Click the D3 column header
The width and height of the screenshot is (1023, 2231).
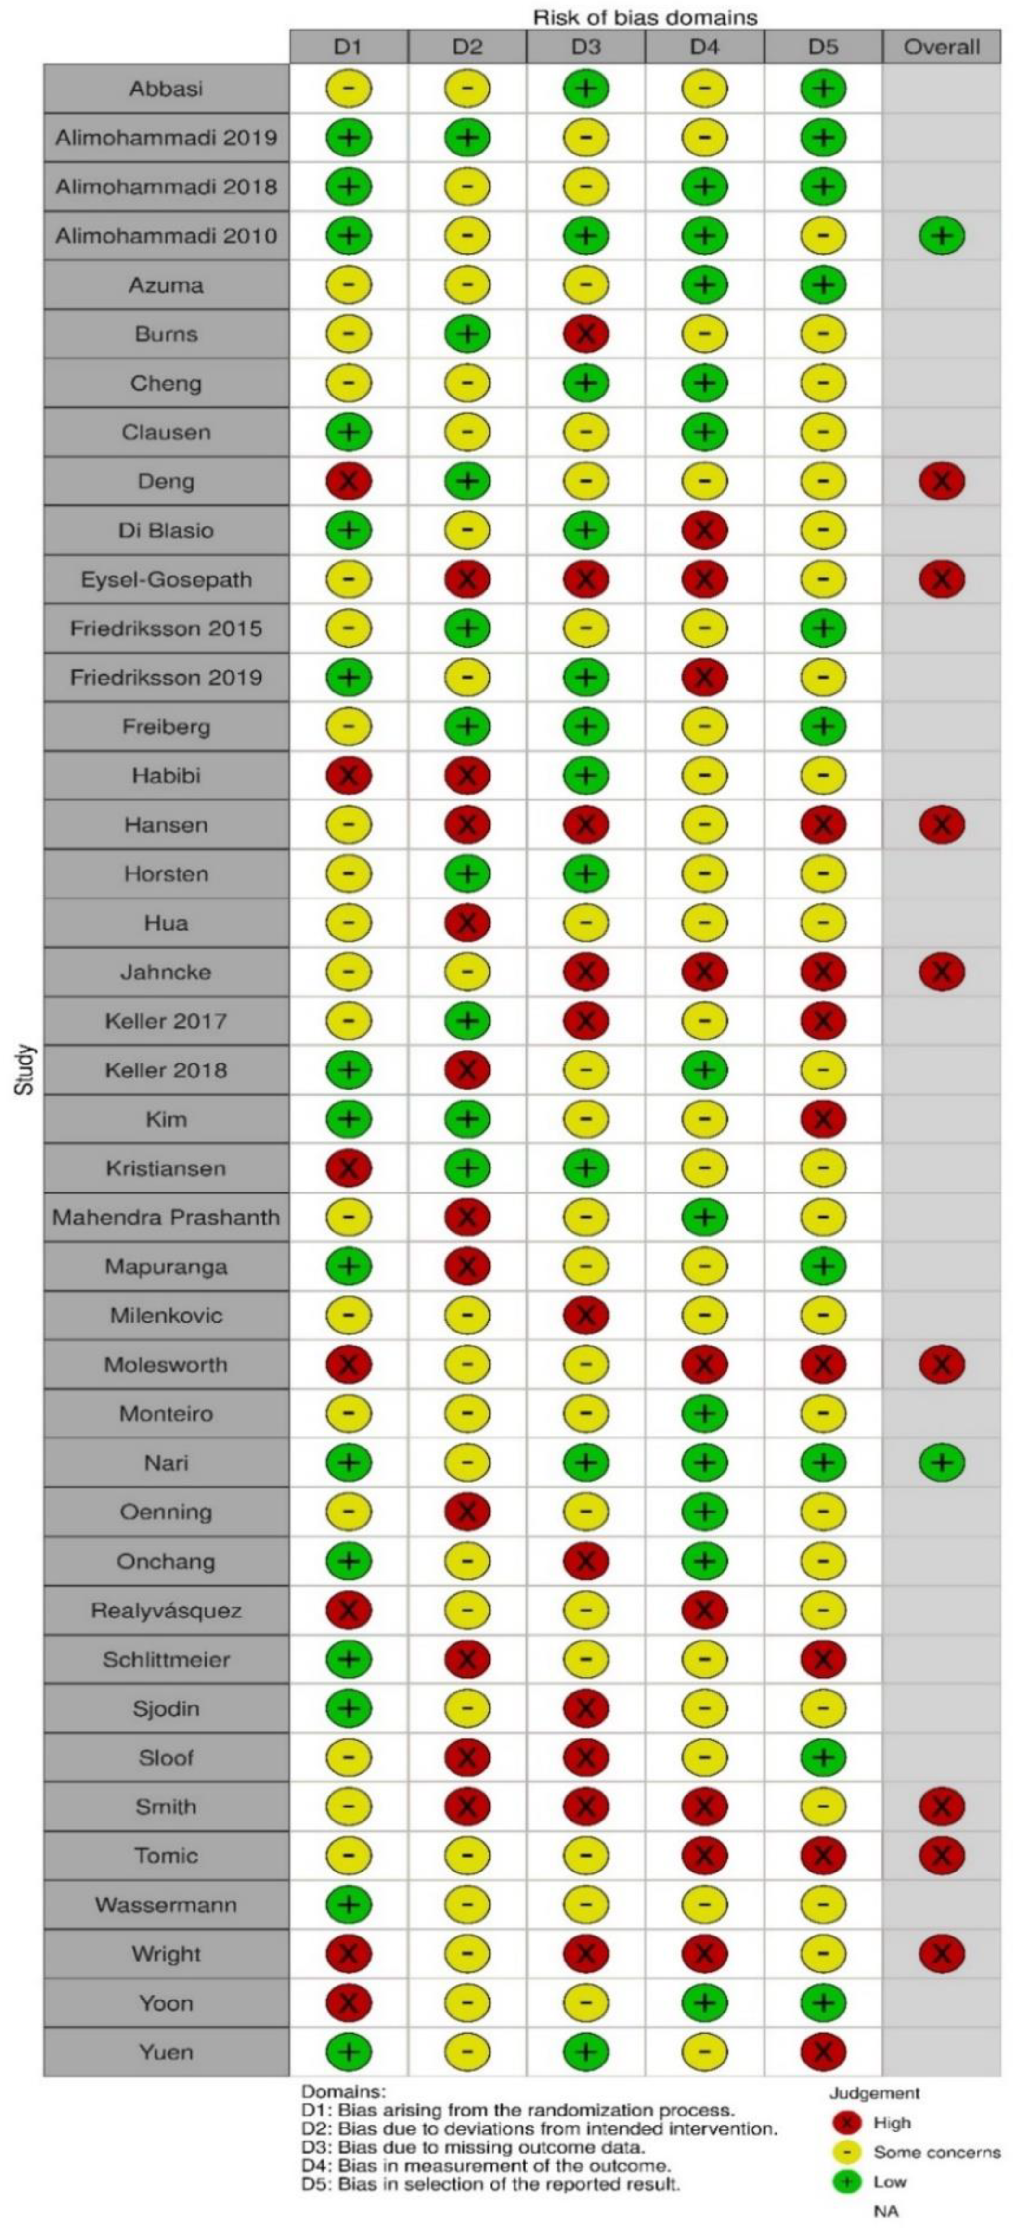click(585, 47)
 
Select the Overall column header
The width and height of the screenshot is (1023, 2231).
click(942, 47)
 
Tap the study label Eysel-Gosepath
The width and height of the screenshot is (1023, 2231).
click(166, 579)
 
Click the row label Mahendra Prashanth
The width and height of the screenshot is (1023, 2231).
click(166, 1217)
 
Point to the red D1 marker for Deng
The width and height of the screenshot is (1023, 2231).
click(348, 482)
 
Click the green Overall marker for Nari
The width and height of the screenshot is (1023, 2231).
click(942, 1463)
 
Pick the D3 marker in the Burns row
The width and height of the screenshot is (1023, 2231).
click(585, 334)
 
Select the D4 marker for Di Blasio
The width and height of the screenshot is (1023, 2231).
click(704, 530)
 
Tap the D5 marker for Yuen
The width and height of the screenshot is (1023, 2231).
click(823, 2051)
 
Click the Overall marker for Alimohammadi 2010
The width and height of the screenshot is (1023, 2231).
click(942, 236)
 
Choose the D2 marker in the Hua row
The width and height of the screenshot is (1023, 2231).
click(467, 923)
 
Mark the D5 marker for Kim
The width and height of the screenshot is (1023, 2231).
click(823, 1119)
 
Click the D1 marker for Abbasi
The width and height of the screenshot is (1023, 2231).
click(348, 89)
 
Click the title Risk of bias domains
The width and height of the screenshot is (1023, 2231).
click(645, 16)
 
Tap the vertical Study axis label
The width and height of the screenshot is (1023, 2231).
click(26, 1070)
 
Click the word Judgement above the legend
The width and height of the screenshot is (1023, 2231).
click(874, 2093)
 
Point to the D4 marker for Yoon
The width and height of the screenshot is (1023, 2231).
click(704, 2002)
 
